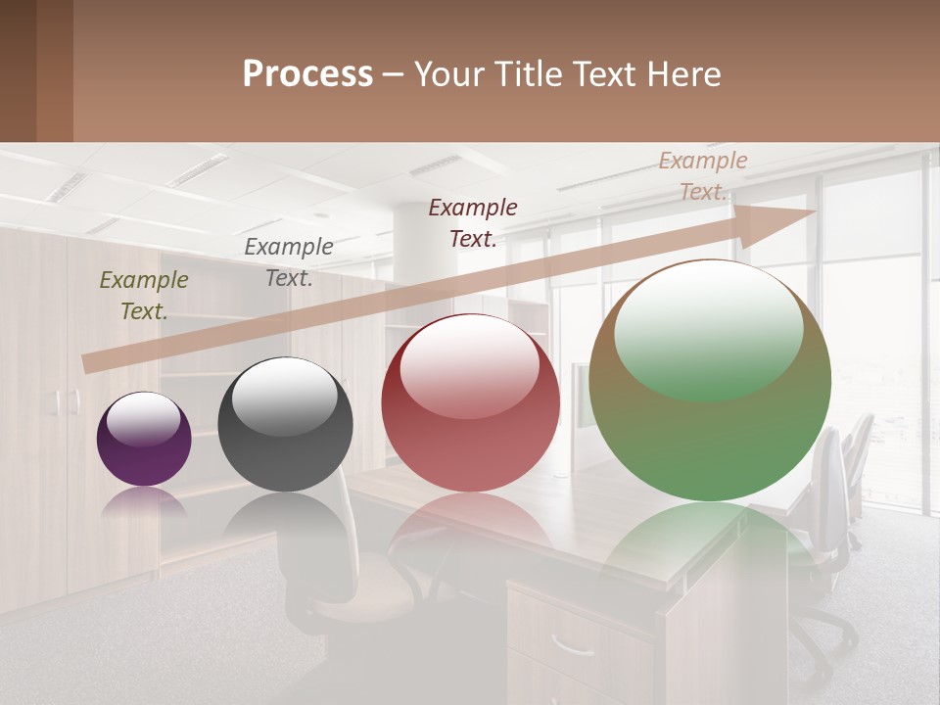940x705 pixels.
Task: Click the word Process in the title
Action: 307,74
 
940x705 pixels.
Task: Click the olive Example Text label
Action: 143,296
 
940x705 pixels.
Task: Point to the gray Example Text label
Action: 288,262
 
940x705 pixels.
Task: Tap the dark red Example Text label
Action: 473,223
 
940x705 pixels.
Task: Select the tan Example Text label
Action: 702,176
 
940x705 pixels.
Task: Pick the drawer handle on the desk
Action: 572,644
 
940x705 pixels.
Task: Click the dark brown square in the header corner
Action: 18,70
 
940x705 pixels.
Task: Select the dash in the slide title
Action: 394,75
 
